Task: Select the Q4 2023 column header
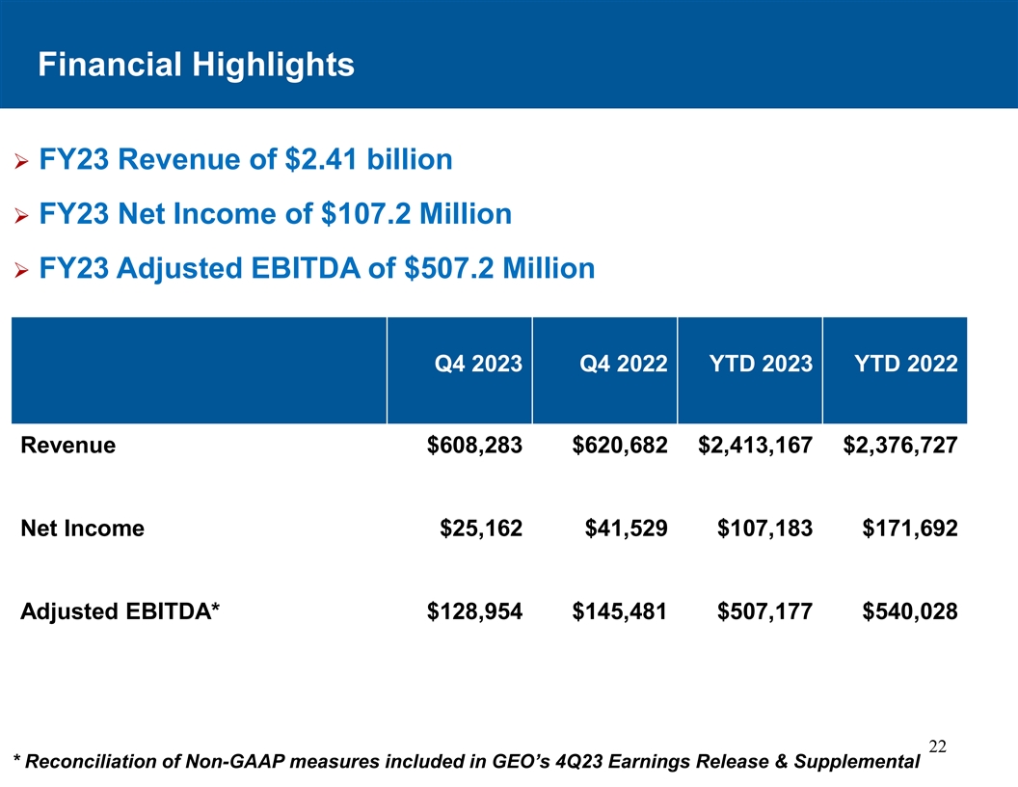coord(478,364)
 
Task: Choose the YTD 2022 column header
coord(906,364)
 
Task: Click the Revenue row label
coord(68,446)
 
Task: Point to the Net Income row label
coord(82,529)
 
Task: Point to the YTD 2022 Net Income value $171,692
coord(909,529)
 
